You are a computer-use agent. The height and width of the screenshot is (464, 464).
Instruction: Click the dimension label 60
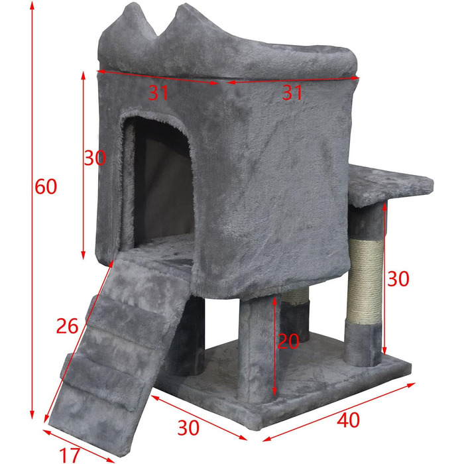click(x=46, y=187)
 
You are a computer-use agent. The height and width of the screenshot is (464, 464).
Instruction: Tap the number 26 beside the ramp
click(x=68, y=326)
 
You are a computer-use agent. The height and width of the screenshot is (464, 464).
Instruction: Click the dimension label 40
click(x=348, y=420)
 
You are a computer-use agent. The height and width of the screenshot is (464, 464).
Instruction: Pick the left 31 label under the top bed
click(x=158, y=92)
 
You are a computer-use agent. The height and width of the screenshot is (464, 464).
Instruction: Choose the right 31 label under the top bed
click(x=292, y=92)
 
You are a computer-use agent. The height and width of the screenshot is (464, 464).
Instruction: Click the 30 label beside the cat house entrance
click(x=95, y=158)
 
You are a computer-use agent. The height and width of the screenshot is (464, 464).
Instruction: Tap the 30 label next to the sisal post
click(x=398, y=279)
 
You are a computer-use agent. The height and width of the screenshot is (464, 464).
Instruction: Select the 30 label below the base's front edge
click(x=188, y=428)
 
